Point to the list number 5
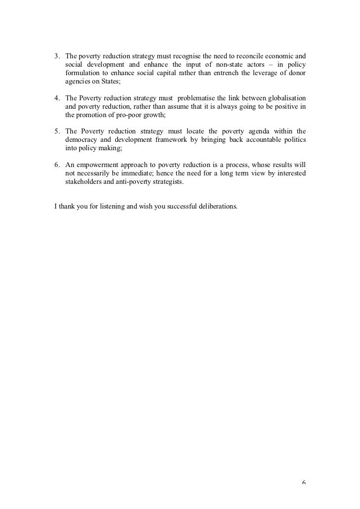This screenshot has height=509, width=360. [56, 131]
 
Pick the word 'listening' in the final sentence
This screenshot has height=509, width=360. [110, 204]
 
